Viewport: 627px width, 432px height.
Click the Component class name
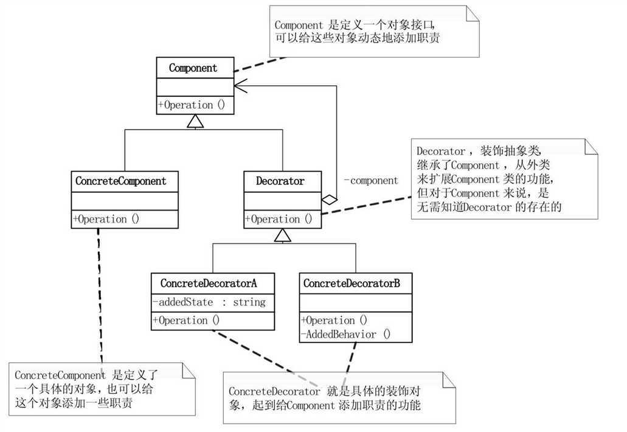pos(193,68)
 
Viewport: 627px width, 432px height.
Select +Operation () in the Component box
pos(192,105)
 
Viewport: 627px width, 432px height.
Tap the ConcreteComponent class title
pos(120,181)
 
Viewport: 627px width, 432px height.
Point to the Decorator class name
pos(280,181)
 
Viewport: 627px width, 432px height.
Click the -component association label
pos(370,181)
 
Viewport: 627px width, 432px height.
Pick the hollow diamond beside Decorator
pos(329,199)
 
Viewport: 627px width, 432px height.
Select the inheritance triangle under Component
pos(195,122)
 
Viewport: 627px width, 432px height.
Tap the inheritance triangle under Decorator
pos(283,236)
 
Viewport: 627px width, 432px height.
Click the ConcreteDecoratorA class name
pos(209,284)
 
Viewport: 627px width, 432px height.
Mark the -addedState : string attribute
pos(209,302)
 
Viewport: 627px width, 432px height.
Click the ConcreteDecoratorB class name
pos(352,284)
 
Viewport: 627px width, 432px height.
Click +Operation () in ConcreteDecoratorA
pos(186,321)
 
